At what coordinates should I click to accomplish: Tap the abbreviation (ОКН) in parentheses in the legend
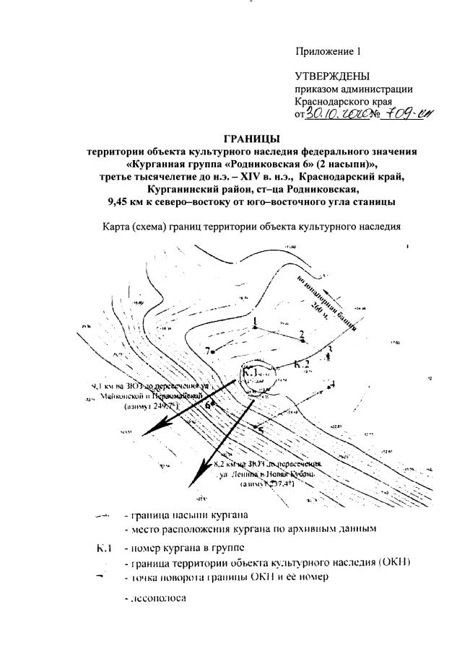[394, 564]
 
